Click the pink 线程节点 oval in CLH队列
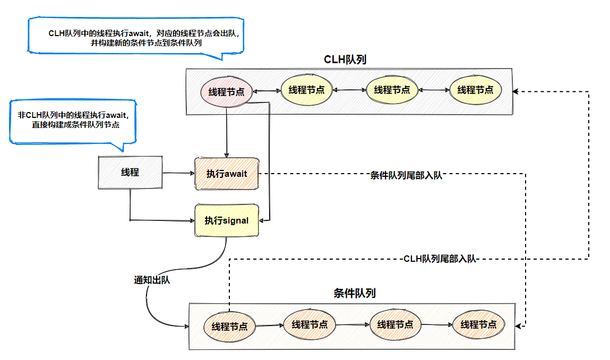(226, 92)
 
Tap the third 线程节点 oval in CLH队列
(392, 90)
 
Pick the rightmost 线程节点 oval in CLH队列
(475, 90)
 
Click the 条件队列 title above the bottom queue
(355, 293)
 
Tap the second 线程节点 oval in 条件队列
(310, 324)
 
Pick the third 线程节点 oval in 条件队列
(395, 324)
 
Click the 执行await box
(227, 174)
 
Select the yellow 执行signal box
(227, 220)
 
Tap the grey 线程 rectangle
(130, 173)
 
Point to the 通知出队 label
(152, 280)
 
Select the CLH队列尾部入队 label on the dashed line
(440, 259)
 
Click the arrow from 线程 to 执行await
(178, 173)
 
